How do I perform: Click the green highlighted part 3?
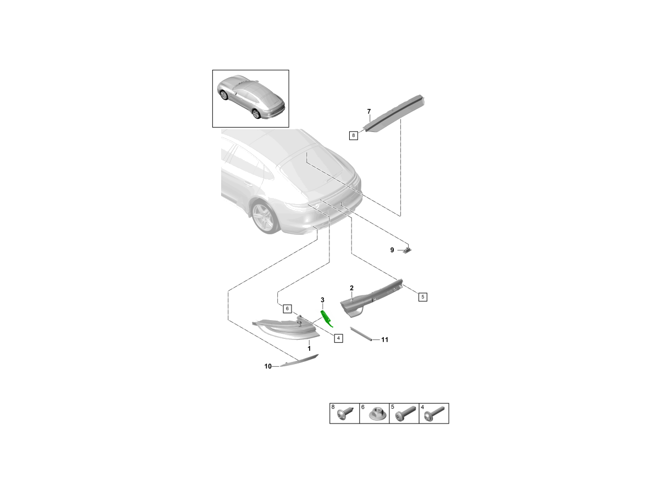pos(327,319)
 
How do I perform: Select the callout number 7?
pos(369,112)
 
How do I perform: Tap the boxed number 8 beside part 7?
pos(353,135)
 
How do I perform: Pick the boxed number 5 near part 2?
pos(423,297)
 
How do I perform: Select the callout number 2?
pos(351,288)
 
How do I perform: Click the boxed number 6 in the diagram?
pos(287,309)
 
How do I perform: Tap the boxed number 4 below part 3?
pos(338,338)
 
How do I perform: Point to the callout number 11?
pos(385,339)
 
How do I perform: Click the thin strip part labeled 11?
pos(361,334)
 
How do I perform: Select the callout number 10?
pos(268,366)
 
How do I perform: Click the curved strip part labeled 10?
pos(299,360)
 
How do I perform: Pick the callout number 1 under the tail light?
pos(309,349)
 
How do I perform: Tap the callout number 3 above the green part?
pos(322,300)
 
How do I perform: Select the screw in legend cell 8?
pos(345,414)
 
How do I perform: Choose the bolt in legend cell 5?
pos(406,414)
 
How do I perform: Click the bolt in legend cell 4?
pos(434,414)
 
